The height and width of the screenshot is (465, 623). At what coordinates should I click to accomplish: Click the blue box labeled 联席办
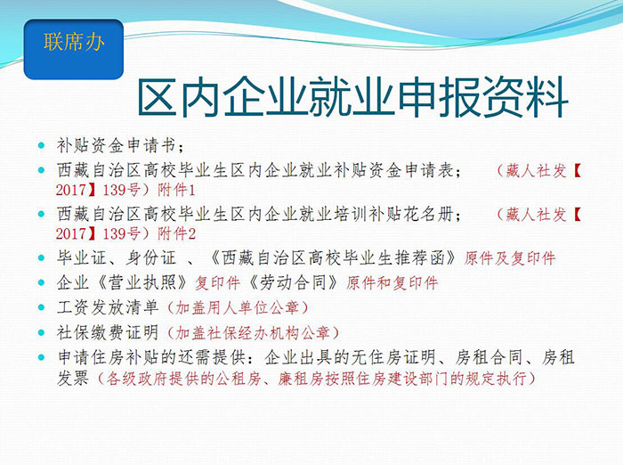(74, 49)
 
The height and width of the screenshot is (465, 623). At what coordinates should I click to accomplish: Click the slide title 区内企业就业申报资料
(352, 98)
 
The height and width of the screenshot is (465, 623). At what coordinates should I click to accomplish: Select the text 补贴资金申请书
(116, 145)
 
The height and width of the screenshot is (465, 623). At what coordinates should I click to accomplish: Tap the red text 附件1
(176, 190)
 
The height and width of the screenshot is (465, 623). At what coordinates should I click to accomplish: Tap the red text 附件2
(176, 233)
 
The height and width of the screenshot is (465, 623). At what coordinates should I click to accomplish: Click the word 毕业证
(82, 258)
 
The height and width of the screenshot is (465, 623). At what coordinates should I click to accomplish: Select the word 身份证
(150, 258)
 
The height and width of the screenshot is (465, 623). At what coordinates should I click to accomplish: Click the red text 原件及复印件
(509, 258)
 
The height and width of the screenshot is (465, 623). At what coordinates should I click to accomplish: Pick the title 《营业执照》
(142, 282)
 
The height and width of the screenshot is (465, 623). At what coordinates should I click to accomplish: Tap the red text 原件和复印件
(392, 282)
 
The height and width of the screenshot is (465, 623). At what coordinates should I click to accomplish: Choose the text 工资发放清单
(108, 307)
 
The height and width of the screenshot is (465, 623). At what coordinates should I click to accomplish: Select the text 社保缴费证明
(108, 332)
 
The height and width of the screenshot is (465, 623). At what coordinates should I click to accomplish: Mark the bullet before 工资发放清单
(41, 307)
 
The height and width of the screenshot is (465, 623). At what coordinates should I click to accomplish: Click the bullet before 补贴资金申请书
(41, 145)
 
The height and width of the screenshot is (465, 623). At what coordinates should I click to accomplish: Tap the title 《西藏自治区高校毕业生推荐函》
(332, 258)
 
